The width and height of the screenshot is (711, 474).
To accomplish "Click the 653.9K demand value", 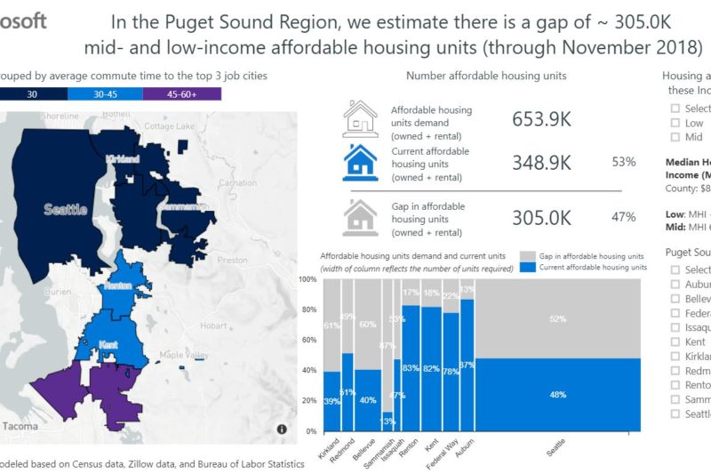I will [x=541, y=118].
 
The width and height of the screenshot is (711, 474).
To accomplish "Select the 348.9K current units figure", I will [x=541, y=162].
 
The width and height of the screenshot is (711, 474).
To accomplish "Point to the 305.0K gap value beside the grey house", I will [x=541, y=217].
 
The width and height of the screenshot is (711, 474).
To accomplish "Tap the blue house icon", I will [x=361, y=163].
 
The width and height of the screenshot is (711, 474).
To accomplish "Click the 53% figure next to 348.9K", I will [x=623, y=162].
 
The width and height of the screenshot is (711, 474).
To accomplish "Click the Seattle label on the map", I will [x=65, y=210].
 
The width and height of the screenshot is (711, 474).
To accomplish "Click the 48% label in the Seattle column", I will [x=558, y=395].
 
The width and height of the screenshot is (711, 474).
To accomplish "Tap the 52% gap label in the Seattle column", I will [x=558, y=319].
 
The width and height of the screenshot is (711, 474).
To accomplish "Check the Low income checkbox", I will [x=676, y=123].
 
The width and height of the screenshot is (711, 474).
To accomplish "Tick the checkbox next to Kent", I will [x=676, y=341].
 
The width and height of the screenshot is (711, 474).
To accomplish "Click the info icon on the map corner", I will [x=282, y=430].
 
